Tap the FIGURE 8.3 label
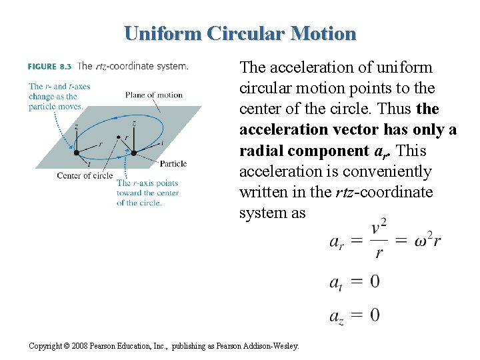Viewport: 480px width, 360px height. (50, 66)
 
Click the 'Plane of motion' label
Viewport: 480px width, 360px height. (153, 95)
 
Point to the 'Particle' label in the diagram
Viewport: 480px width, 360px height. (173, 164)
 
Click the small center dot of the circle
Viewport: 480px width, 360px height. (119, 137)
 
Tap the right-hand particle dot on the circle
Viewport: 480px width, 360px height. (134, 153)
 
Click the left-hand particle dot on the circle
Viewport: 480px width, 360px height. (76, 153)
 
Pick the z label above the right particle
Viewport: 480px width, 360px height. (134, 123)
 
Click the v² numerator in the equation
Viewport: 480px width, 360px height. (380, 229)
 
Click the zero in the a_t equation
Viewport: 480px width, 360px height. (375, 281)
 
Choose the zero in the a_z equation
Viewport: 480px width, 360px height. (375, 314)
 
